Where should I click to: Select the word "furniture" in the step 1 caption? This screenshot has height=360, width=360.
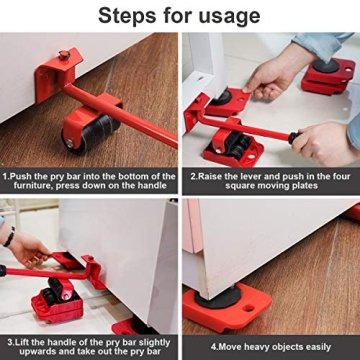click(x=31, y=186)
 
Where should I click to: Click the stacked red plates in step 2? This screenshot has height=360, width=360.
click(x=328, y=75)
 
